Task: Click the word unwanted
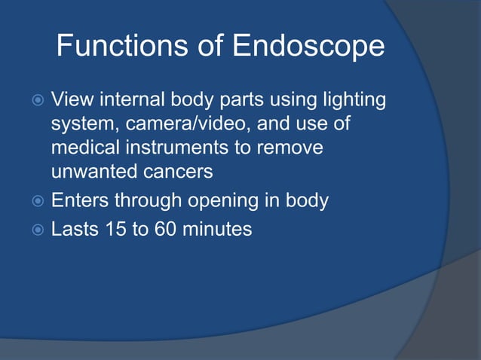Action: click(x=92, y=172)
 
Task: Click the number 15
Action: click(x=117, y=228)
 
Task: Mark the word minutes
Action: click(x=219, y=228)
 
